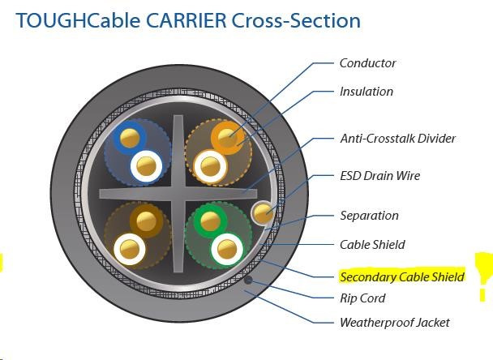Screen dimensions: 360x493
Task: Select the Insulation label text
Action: point(366,92)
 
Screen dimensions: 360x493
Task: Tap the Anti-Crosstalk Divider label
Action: point(397,139)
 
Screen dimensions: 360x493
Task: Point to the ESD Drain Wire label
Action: point(379,176)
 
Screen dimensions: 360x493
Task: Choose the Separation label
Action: point(369,216)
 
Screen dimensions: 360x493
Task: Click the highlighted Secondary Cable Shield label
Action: point(401,277)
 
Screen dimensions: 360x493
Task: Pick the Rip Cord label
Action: point(362,298)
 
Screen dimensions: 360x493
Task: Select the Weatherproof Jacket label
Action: point(394,323)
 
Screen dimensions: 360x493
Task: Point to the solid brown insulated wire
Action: point(148,219)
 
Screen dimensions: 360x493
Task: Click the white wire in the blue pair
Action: point(148,167)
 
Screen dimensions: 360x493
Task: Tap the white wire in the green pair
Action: point(227,247)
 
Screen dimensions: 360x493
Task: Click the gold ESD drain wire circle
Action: point(262,213)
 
